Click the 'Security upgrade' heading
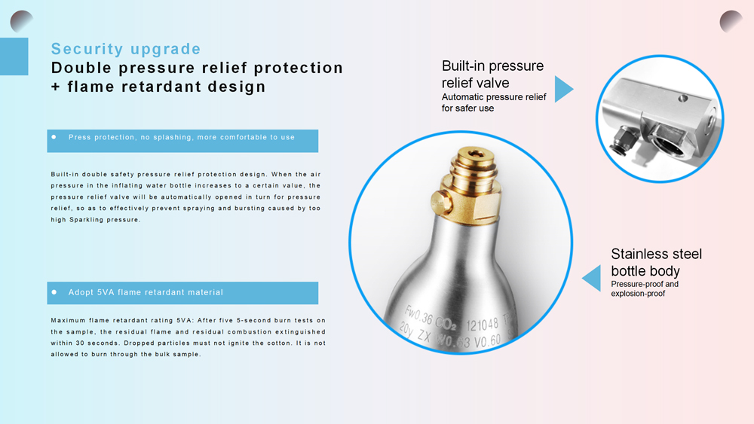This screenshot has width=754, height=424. [126, 49]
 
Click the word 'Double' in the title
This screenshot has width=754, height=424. [81, 68]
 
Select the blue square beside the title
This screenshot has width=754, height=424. [14, 56]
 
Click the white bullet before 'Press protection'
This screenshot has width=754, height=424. [54, 137]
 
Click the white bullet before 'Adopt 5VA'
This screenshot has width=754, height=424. [54, 292]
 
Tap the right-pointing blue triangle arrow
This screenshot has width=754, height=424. [563, 89]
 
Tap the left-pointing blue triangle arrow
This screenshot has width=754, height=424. [592, 278]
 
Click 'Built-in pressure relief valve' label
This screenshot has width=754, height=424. [492, 74]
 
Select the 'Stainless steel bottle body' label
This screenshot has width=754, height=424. [657, 262]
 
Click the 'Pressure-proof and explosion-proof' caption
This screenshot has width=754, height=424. [645, 288]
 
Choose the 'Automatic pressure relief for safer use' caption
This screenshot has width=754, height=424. [493, 102]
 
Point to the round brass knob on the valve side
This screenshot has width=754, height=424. [441, 202]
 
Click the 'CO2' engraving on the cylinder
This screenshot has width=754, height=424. [446, 323]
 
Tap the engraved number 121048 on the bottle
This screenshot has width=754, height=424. [483, 325]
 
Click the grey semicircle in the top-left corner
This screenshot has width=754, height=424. [20, 21]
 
